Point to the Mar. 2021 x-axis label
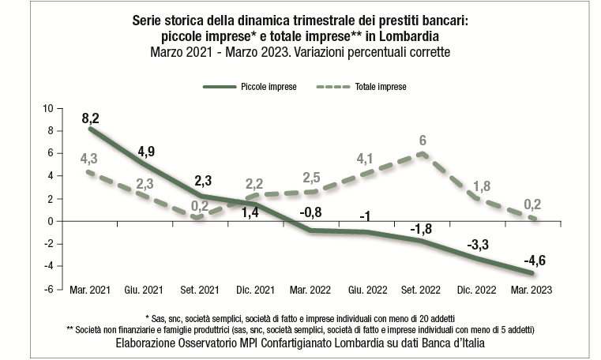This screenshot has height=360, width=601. click(x=88, y=290)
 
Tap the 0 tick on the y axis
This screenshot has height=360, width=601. click(x=50, y=221)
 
